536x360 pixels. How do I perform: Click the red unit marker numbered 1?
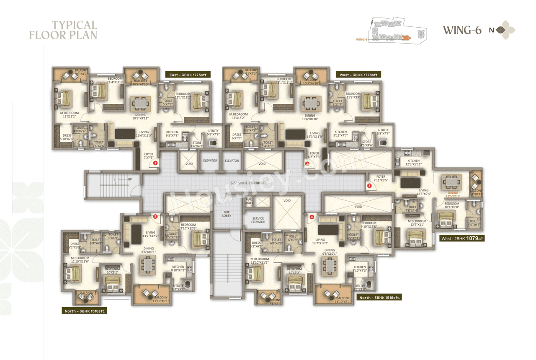tap(155, 163)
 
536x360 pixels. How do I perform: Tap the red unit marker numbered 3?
tap(369, 185)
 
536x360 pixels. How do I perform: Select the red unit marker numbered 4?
tap(312, 217)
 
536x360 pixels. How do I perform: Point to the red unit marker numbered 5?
tap(155, 217)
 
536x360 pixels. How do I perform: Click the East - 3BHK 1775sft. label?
tap(188, 75)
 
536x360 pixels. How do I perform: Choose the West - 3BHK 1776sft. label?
tap(359, 75)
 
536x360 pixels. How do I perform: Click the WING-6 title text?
tap(462, 30)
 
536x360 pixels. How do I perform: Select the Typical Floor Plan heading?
tap(63, 30)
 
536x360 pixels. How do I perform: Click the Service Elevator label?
tap(258, 220)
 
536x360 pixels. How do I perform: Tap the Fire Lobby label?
tap(227, 214)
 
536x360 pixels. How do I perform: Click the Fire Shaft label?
tap(249, 202)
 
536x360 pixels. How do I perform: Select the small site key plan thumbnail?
tap(396, 31)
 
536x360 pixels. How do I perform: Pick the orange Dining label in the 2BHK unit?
tap(453, 194)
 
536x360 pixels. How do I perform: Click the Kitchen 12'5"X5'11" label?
tap(413, 163)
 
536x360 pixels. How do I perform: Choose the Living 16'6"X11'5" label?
tap(144, 134)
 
